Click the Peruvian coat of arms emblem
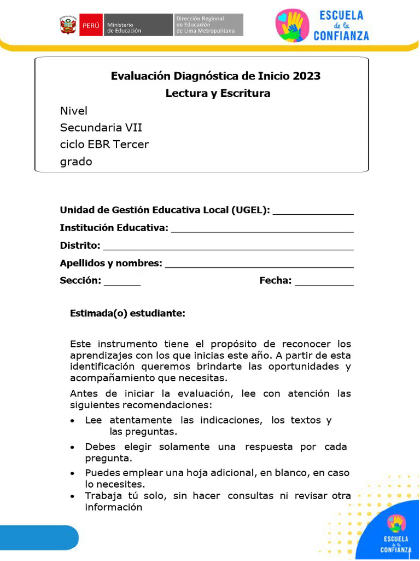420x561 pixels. pos(68,25)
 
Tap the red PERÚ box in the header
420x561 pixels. pos(91,25)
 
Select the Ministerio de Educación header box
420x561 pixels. pos(138,25)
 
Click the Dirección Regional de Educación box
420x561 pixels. pos(208,25)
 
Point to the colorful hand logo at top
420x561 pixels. pos(293,25)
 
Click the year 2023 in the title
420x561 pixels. pos(306,76)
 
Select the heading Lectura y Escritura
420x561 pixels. pos(218,93)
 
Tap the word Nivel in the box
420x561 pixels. pos(74,111)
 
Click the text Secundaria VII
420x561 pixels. pos(101,128)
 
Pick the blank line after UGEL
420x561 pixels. pos(313,214)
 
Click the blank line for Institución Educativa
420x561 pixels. pos(262,231)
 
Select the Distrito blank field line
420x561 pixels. pos(228,249)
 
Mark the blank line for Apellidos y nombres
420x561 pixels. pos(259,267)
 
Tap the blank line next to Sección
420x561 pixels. pos(122,284)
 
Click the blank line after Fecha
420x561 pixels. pos(324,284)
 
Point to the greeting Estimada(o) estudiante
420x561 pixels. pos(127,313)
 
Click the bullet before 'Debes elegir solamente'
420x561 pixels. pos(73,448)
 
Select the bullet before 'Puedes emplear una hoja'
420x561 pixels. pos(73,473)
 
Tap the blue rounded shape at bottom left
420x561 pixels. pos(38,537)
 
